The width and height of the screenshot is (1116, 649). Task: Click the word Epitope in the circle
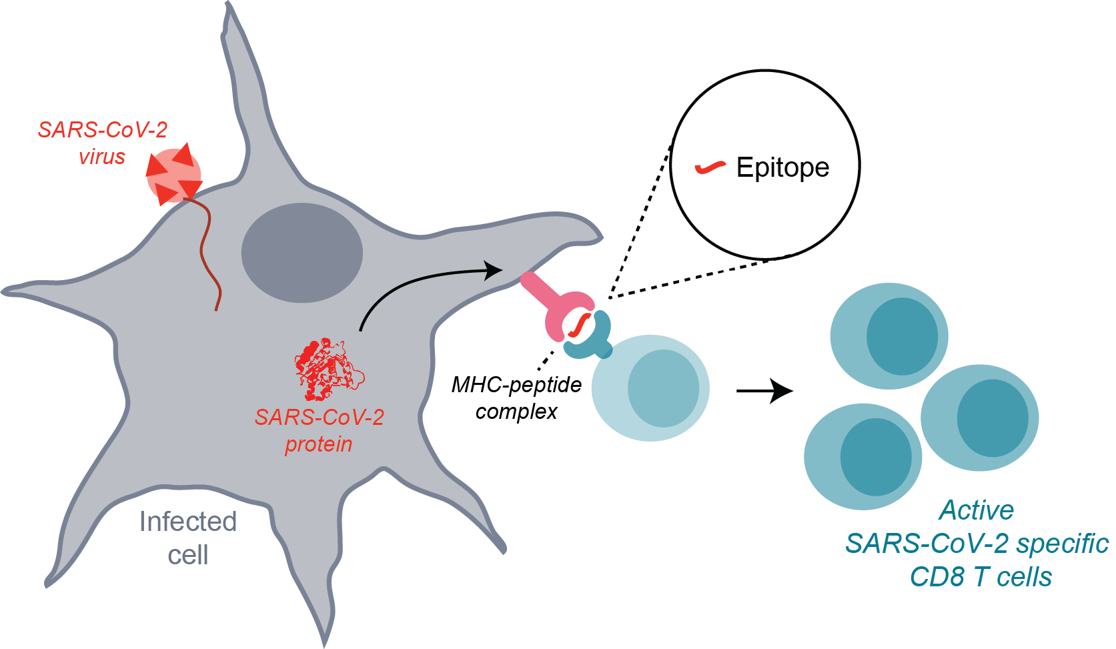(782, 167)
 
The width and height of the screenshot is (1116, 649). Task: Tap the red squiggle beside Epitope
(710, 167)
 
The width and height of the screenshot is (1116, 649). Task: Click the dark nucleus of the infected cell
(302, 253)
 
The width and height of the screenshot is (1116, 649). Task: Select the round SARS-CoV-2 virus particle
(173, 176)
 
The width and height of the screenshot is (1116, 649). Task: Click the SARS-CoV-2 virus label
(102, 143)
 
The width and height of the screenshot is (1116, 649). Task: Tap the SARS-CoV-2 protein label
(319, 430)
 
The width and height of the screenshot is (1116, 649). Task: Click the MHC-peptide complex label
(516, 398)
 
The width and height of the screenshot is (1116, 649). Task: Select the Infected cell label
(187, 538)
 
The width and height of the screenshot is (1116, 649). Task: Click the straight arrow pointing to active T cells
(764, 391)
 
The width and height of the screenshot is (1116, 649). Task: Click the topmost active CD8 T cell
(889, 336)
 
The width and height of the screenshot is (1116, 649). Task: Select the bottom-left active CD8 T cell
(863, 457)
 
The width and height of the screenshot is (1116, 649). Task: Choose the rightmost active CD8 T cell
(979, 418)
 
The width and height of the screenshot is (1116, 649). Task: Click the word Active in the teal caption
(977, 510)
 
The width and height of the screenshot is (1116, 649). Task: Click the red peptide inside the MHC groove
(579, 325)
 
